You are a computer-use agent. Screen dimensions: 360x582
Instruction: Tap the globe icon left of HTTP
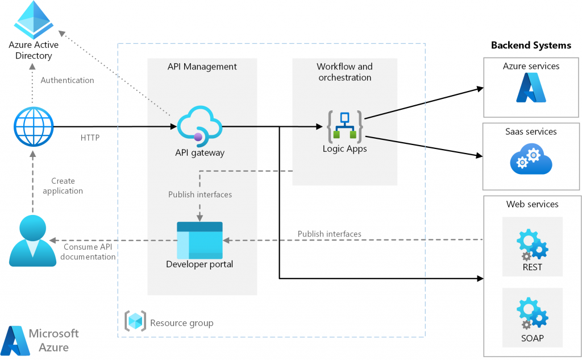point(34,126)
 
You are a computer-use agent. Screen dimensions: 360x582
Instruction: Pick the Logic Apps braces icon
point(344,127)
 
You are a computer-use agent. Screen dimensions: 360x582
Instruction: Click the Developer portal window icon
point(199,240)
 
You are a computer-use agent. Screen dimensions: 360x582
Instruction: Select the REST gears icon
point(533,243)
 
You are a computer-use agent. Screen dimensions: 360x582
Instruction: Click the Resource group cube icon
point(135,322)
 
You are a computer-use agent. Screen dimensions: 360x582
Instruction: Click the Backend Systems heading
point(531,45)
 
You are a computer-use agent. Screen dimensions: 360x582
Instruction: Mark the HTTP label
point(90,137)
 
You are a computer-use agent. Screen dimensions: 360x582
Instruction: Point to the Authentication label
point(68,80)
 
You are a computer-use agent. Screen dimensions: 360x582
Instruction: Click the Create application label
point(63,186)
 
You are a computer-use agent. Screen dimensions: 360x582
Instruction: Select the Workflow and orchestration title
point(344,72)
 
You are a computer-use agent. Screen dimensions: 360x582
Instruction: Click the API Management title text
point(202,67)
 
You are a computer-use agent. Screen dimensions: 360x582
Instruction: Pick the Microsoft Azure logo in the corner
point(40,340)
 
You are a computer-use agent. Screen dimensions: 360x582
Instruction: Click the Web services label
point(532,204)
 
